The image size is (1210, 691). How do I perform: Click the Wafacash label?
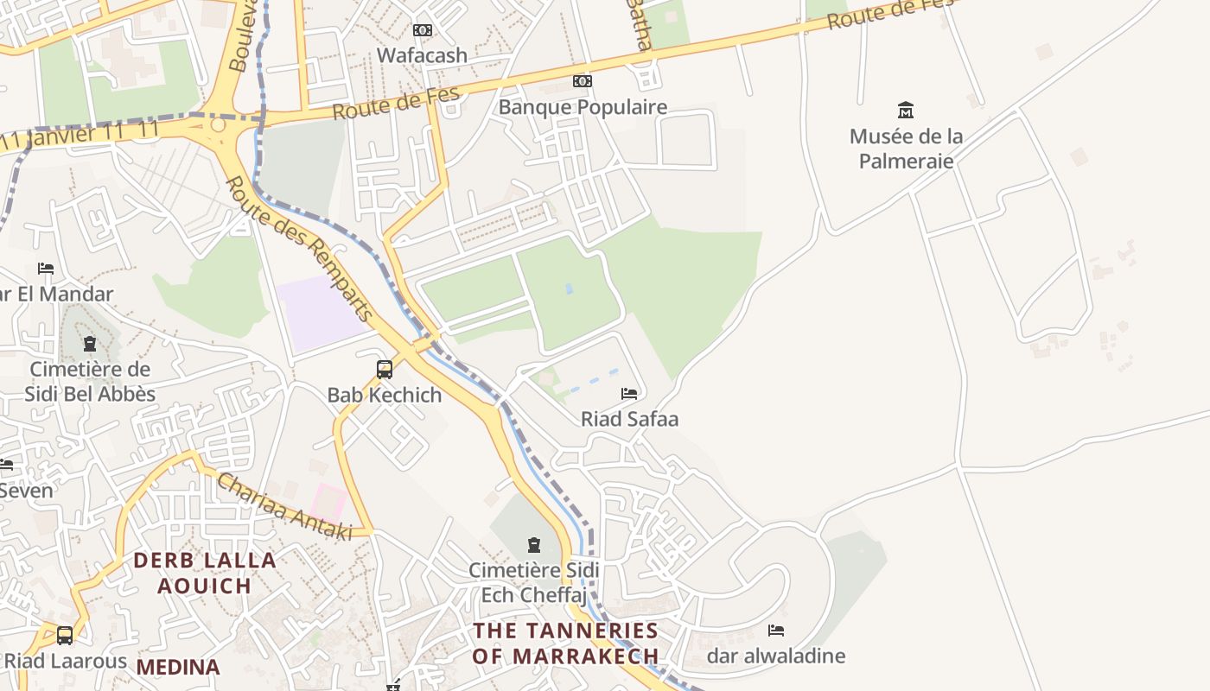[422, 55]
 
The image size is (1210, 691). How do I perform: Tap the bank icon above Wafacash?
[422, 30]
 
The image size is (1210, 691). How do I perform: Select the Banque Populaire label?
[583, 107]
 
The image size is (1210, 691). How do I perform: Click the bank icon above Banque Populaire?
[583, 81]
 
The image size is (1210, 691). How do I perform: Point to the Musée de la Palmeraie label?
[906, 149]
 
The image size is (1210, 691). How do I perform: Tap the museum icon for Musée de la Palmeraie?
[906, 111]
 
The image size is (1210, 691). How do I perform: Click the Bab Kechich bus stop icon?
[385, 370]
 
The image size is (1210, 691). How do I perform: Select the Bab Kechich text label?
[384, 396]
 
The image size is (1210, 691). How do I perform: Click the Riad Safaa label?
[629, 420]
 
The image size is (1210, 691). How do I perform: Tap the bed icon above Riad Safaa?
[629, 394]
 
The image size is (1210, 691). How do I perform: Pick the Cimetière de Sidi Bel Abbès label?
[90, 382]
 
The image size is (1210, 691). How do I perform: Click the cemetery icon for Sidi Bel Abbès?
[90, 345]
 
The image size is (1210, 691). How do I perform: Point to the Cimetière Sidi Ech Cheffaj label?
[533, 583]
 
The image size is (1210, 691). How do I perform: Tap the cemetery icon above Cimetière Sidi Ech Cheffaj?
[533, 545]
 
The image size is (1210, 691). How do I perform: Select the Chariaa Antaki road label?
[283, 507]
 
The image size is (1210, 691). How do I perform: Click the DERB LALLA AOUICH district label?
[205, 573]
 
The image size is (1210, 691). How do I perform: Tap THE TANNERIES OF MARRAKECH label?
[565, 643]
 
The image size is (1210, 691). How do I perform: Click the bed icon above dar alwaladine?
[776, 631]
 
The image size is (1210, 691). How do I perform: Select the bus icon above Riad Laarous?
[65, 636]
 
